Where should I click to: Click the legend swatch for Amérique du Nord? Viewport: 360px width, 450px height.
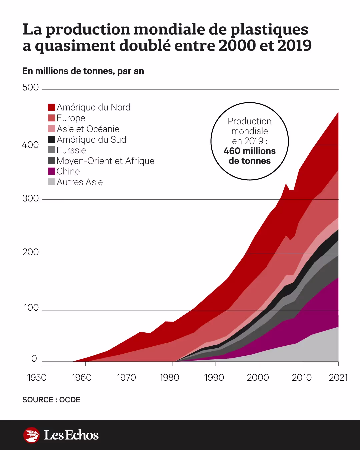pyautogui.click(x=51, y=107)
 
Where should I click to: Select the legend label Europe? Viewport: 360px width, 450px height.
pyautogui.click(x=71, y=118)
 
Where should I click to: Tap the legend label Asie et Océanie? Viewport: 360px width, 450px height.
pyautogui.click(x=88, y=129)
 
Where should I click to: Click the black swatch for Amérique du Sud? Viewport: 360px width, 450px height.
pyautogui.click(x=51, y=139)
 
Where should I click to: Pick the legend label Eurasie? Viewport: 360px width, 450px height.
pyautogui.click(x=71, y=150)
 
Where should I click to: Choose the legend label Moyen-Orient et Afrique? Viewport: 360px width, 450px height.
pyautogui.click(x=105, y=161)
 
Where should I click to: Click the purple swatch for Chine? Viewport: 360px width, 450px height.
pyautogui.click(x=51, y=171)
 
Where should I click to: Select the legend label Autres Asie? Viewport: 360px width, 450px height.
pyautogui.click(x=80, y=182)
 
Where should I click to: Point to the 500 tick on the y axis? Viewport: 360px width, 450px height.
pyautogui.click(x=30, y=88)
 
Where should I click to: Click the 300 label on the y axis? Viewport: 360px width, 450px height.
pyautogui.click(x=30, y=199)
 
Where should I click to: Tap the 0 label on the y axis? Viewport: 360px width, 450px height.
pyautogui.click(x=34, y=359)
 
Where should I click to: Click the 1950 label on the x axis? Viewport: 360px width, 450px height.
pyautogui.click(x=37, y=378)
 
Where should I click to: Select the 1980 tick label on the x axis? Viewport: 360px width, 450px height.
pyautogui.click(x=169, y=378)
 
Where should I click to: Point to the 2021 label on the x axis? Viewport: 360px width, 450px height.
pyautogui.click(x=338, y=378)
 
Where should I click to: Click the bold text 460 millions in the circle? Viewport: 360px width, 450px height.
pyautogui.click(x=250, y=151)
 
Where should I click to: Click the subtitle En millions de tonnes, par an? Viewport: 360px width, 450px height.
pyautogui.click(x=83, y=71)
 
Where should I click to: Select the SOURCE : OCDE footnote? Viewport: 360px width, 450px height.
pyautogui.click(x=51, y=400)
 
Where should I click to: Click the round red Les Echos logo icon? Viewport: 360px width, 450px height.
pyautogui.click(x=32, y=435)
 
